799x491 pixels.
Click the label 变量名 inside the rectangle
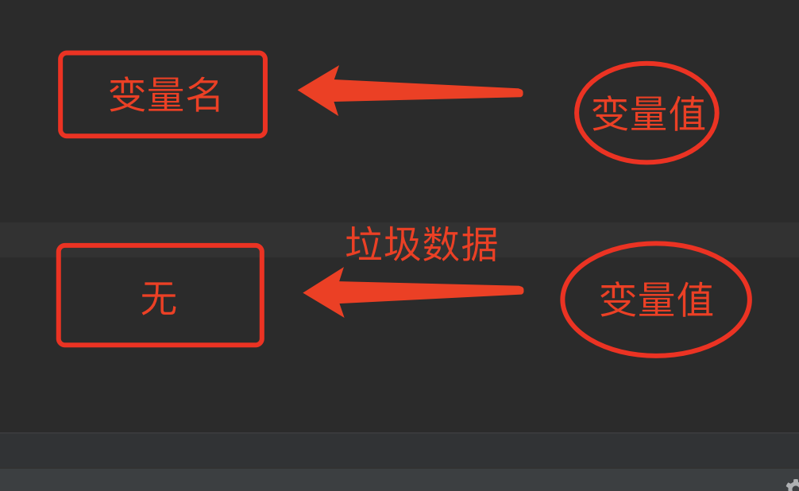click(164, 95)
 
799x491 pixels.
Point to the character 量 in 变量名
click(164, 95)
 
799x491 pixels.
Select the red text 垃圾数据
click(422, 244)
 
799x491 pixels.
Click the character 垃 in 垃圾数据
click(365, 244)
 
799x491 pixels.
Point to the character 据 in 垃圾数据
click(479, 244)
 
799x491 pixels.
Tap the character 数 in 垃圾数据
click(441, 244)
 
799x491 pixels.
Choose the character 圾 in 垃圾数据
click(403, 244)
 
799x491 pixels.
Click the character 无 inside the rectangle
click(159, 300)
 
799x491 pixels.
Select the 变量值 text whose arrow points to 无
click(656, 300)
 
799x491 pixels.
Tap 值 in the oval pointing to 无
click(695, 300)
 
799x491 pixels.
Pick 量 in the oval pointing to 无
click(656, 300)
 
